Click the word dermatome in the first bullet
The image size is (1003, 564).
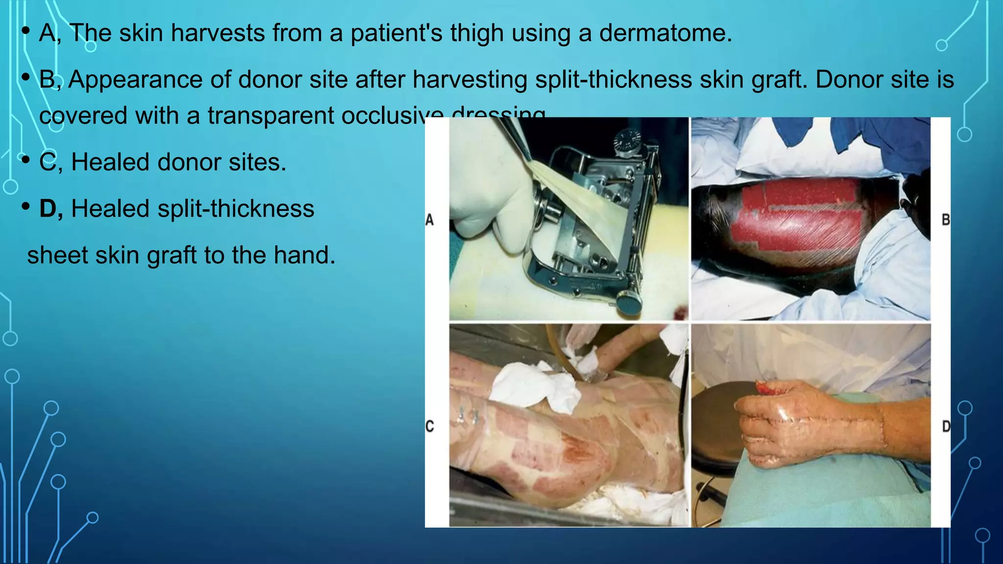tap(665, 33)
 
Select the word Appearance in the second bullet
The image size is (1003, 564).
tap(135, 79)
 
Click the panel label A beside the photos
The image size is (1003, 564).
tap(430, 220)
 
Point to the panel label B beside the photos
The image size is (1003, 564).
tap(946, 220)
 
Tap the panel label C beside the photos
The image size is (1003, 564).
tap(430, 426)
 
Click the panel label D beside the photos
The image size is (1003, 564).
tap(946, 426)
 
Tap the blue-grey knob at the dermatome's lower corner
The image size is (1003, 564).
tap(629, 303)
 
